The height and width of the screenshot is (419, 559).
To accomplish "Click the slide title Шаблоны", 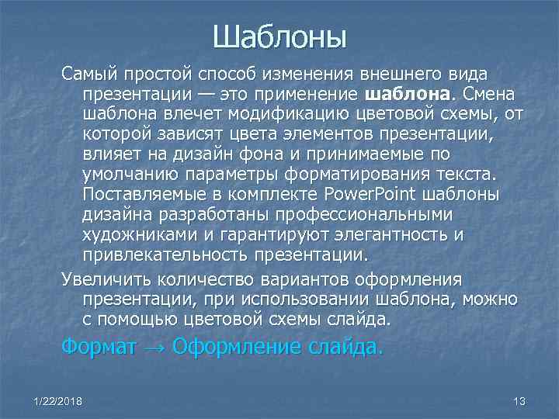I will click(x=279, y=36).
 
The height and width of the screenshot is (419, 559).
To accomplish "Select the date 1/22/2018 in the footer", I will click(x=60, y=400).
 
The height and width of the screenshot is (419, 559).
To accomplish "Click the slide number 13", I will click(x=519, y=400).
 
